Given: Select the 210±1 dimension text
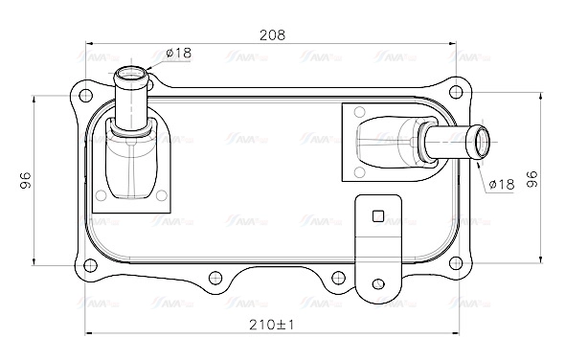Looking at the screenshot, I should pos(272,325).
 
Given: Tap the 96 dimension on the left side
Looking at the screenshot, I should pos(26,180).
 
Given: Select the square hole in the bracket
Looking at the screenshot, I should pos(379,215).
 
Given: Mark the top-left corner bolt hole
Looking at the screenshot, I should pos(84,95).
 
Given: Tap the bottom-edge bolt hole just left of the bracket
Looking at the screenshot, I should pos(335,279).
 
